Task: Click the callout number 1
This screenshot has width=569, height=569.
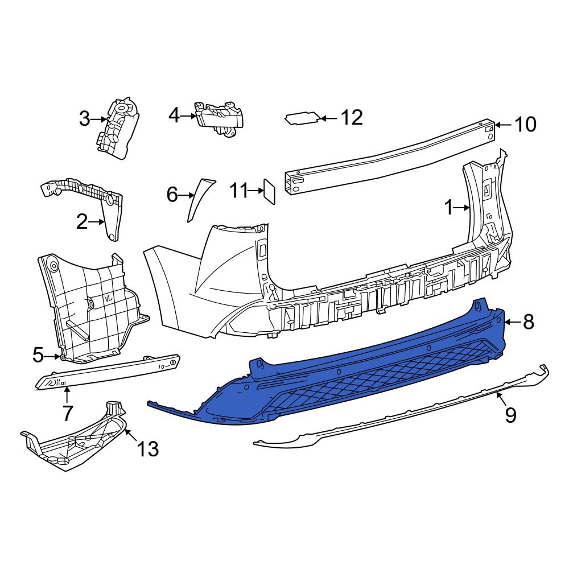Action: click(449, 208)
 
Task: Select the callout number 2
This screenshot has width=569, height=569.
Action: click(83, 222)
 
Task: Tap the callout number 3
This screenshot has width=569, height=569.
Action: click(84, 119)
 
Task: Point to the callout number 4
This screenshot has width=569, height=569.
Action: click(174, 116)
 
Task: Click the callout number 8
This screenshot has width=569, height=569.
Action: click(529, 323)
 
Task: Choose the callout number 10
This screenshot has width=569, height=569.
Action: click(525, 125)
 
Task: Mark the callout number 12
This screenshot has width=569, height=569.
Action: click(351, 118)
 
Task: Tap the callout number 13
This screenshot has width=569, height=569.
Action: click(147, 450)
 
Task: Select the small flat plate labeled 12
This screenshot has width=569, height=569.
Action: click(302, 118)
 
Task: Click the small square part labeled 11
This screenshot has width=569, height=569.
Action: click(269, 191)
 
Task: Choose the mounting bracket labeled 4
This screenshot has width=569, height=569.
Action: click(220, 118)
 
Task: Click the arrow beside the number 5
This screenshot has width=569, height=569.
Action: click(56, 357)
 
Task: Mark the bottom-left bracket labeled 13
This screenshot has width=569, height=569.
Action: click(74, 438)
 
